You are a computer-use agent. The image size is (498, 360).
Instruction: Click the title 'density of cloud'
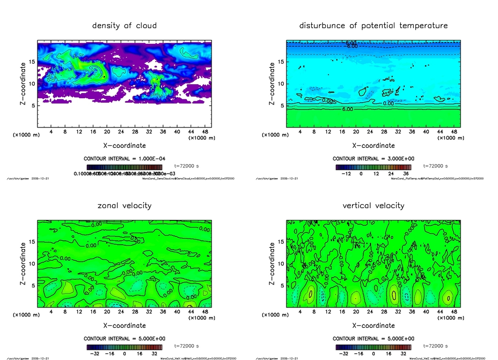point(124,25)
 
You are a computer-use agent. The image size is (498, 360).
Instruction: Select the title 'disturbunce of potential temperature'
point(373,25)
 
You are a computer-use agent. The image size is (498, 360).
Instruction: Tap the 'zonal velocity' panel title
point(124,206)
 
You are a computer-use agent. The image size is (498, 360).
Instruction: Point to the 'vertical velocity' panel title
point(373,206)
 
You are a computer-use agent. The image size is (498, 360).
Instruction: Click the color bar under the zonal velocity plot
point(124,347)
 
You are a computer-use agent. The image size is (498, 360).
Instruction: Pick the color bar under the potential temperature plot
point(373,167)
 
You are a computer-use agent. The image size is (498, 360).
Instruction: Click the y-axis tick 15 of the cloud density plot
point(32,62)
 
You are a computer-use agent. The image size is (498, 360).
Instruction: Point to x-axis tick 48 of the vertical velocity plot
point(454,312)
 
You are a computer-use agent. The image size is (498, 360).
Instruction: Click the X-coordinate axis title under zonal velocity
point(124,325)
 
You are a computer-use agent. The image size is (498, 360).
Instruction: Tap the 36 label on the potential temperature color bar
point(406,173)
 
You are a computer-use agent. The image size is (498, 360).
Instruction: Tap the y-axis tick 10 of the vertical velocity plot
point(281,264)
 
